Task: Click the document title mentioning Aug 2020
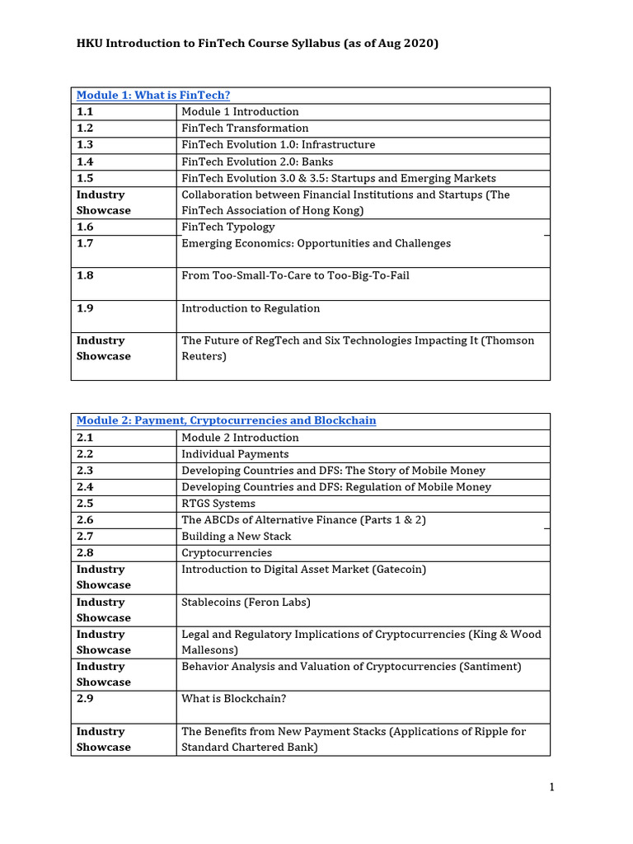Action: pyautogui.click(x=257, y=43)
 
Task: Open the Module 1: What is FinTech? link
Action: pyautogui.click(x=153, y=96)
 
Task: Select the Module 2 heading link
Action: pyautogui.click(x=226, y=421)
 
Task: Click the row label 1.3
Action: pyautogui.click(x=86, y=145)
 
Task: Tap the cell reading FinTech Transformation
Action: pyautogui.click(x=245, y=129)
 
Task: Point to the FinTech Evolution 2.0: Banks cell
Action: pyautogui.click(x=257, y=162)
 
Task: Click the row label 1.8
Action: pyautogui.click(x=86, y=276)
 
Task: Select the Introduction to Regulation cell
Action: pyautogui.click(x=251, y=308)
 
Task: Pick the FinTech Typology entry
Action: pyautogui.click(x=228, y=227)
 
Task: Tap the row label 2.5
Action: pyautogui.click(x=86, y=504)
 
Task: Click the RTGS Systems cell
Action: pyautogui.click(x=218, y=504)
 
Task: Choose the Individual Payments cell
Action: pyautogui.click(x=235, y=454)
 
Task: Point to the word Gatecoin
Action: pyautogui.click(x=400, y=570)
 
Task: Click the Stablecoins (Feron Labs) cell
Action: pyautogui.click(x=246, y=603)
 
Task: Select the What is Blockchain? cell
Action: pyautogui.click(x=234, y=699)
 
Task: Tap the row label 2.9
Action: pyautogui.click(x=86, y=699)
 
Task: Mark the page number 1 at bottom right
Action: pyautogui.click(x=551, y=787)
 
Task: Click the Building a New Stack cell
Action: pyautogui.click(x=236, y=537)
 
